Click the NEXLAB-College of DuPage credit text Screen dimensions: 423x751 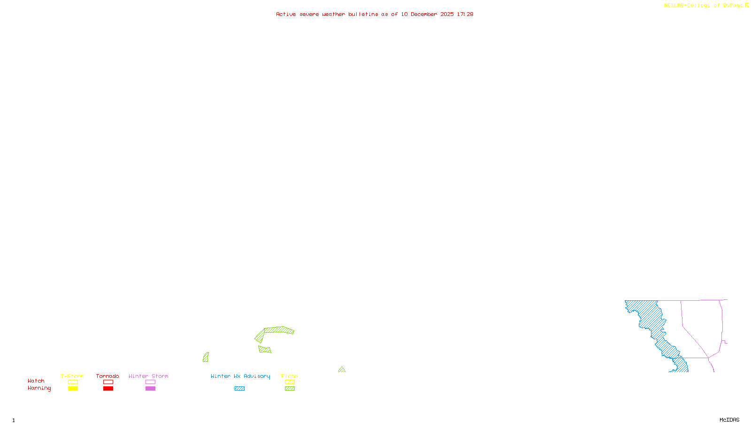(706, 5)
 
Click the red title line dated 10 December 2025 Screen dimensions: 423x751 (375, 14)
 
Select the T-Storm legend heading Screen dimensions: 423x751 (72, 376)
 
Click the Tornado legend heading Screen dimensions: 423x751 (107, 376)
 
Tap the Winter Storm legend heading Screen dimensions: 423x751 (148, 376)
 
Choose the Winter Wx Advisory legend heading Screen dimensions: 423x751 (240, 376)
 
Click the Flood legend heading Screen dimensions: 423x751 (290, 376)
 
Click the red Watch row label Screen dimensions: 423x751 (36, 381)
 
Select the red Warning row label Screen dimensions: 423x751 (39, 388)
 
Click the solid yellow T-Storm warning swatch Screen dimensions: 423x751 (73, 389)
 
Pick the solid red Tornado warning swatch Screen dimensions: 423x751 (108, 389)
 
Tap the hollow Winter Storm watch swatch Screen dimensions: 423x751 (150, 382)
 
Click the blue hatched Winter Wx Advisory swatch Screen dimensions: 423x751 (239, 389)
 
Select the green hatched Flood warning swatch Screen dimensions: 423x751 (290, 389)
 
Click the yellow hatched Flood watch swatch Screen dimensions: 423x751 (290, 382)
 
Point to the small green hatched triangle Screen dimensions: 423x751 (342, 370)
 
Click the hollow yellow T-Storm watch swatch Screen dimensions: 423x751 (73, 382)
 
